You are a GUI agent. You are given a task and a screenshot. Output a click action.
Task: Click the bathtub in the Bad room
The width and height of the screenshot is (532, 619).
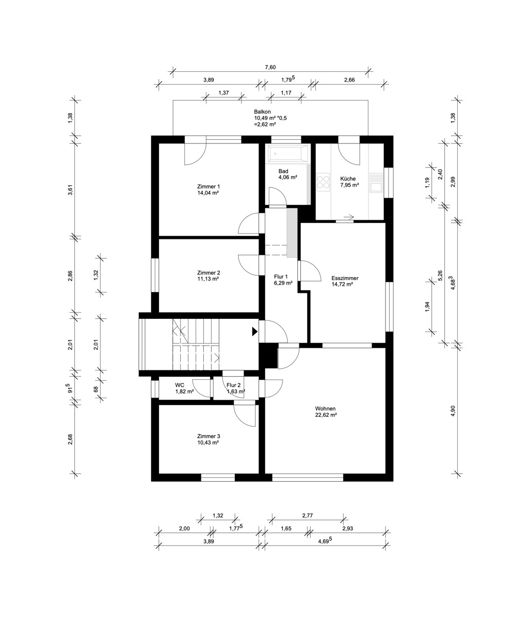[x=287, y=154]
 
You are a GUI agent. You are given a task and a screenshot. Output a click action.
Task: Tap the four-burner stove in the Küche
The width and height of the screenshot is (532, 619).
[x=324, y=182]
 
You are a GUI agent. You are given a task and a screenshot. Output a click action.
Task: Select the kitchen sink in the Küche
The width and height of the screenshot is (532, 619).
[x=376, y=183]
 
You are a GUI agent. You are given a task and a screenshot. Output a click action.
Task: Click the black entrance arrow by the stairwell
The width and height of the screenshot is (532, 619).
[x=254, y=332]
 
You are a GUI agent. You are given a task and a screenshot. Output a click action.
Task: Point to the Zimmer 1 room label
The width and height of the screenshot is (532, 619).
[x=208, y=187]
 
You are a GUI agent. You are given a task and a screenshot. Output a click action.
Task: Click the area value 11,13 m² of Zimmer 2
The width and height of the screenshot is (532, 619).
[x=208, y=279]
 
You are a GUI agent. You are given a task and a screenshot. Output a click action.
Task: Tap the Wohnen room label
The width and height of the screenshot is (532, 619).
[x=325, y=409]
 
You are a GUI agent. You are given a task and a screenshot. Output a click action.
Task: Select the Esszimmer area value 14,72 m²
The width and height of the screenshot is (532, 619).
[x=342, y=284]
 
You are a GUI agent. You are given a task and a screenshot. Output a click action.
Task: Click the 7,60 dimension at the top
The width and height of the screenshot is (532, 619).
[x=270, y=67]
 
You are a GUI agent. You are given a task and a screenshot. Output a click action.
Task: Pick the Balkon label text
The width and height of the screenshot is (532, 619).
[x=263, y=112]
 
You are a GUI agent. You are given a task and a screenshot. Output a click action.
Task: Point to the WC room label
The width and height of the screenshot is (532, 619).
[x=180, y=385]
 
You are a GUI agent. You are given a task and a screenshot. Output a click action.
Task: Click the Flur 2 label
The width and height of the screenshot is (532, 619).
[x=234, y=385]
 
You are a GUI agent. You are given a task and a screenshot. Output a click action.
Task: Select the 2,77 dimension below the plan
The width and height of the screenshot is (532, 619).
[x=308, y=524]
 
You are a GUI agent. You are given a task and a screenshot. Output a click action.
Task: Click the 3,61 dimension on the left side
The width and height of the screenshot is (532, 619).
[x=70, y=190]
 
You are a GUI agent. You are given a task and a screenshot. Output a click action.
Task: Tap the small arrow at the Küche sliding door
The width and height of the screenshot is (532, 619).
[x=349, y=217]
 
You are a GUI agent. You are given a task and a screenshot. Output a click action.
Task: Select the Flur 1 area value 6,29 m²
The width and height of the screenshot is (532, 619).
[x=283, y=283]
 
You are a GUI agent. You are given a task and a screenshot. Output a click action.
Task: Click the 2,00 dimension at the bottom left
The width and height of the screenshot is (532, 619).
[x=185, y=537]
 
